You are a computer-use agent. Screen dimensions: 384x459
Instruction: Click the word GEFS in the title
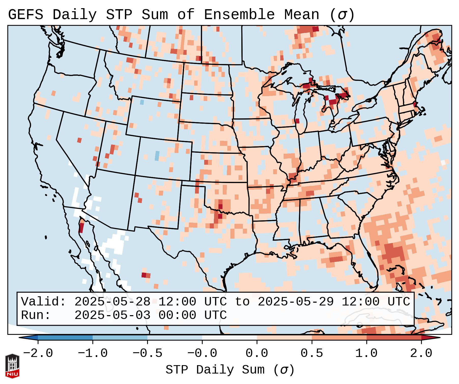point(25,15)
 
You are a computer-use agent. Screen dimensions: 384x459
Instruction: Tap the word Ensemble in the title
point(239,15)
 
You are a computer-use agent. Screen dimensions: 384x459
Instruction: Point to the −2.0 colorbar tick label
point(38,353)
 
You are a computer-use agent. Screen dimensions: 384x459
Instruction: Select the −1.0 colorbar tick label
point(93,353)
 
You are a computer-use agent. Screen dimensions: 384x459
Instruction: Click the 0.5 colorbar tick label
point(312,353)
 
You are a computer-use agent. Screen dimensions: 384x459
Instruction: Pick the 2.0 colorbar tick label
point(421,353)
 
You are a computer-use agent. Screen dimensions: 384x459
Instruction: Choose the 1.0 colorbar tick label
point(366,353)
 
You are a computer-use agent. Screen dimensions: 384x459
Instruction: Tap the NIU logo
point(12,366)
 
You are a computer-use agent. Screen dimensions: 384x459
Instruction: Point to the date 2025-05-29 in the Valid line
point(296,302)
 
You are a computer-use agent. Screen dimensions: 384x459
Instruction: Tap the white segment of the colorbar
point(229,338)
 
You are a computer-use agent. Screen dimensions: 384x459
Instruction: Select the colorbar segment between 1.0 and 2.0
point(394,338)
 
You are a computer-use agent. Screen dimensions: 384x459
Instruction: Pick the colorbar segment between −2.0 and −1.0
point(65,338)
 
